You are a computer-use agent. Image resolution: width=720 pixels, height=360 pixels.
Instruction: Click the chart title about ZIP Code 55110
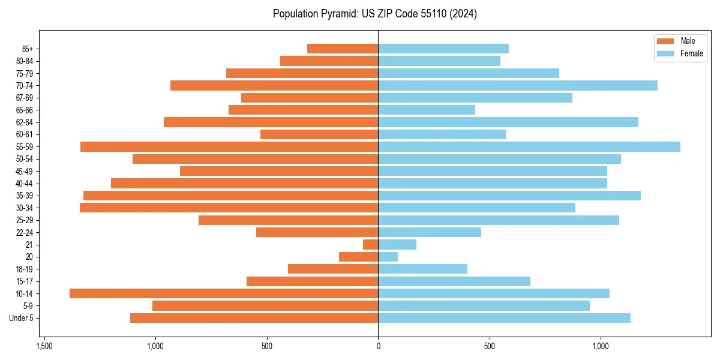tap(374, 14)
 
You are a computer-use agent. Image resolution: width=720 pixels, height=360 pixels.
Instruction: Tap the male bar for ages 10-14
tap(224, 293)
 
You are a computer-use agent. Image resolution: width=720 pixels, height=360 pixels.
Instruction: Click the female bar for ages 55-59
tap(529, 146)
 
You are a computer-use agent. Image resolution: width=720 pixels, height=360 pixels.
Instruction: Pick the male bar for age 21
tap(371, 244)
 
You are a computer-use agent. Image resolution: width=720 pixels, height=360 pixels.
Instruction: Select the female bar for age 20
tap(388, 257)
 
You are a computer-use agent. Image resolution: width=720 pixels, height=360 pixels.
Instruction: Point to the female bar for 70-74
tap(518, 85)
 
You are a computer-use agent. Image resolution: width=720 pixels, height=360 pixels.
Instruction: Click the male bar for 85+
tap(343, 49)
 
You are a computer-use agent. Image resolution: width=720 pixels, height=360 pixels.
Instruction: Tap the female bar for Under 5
tap(504, 318)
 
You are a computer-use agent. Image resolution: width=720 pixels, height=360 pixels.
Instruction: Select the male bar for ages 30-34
tap(229, 208)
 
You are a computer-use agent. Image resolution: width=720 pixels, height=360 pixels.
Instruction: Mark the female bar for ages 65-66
tap(427, 110)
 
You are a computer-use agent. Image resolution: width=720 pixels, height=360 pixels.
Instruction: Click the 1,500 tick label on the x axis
tap(44, 346)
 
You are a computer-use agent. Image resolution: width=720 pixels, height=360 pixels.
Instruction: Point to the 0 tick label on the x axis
tap(378, 346)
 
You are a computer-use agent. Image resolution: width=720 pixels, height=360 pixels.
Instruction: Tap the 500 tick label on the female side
tap(490, 346)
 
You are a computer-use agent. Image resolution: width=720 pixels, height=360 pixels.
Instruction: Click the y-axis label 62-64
tap(24, 122)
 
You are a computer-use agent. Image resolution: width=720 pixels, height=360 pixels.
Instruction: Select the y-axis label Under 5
tap(21, 318)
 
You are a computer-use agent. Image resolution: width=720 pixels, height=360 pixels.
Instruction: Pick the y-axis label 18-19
tap(24, 269)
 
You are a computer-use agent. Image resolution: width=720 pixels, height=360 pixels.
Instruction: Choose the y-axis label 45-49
tap(24, 171)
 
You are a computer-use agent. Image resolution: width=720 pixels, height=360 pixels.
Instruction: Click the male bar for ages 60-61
tap(319, 134)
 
